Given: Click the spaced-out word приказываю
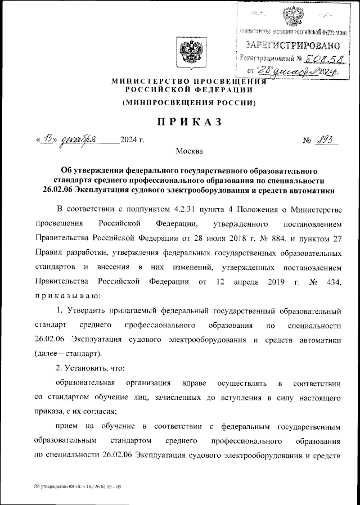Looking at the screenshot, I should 67,295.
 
